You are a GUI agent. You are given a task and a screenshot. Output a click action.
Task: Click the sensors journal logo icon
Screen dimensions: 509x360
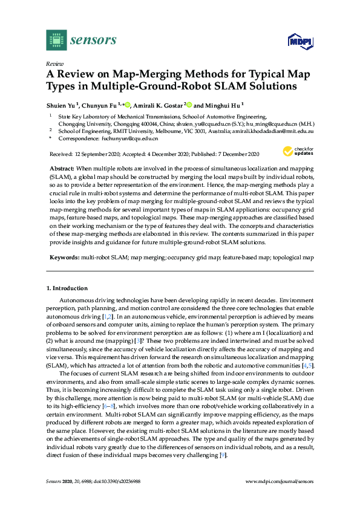coord(56,40)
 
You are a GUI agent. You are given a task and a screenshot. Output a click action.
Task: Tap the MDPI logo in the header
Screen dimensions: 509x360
coord(301,41)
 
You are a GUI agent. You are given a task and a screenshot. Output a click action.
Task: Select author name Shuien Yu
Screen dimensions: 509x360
coord(61,104)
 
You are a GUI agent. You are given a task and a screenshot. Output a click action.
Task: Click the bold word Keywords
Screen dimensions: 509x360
coord(63,258)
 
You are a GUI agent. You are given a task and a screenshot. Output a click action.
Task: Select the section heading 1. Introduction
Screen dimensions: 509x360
coord(67,288)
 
